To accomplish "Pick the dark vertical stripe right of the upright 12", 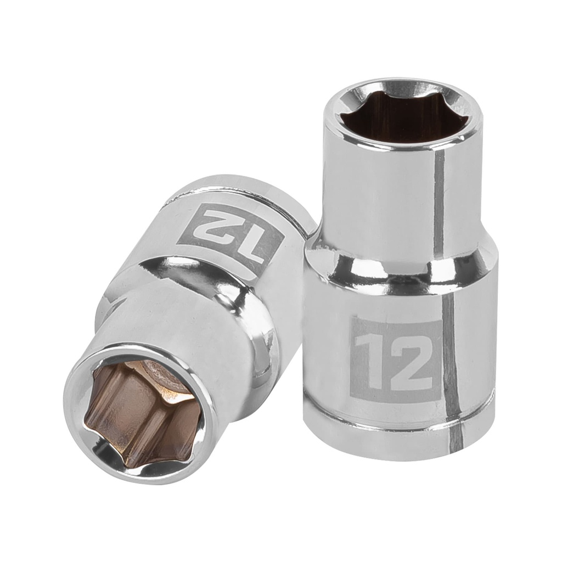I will (450, 357).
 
